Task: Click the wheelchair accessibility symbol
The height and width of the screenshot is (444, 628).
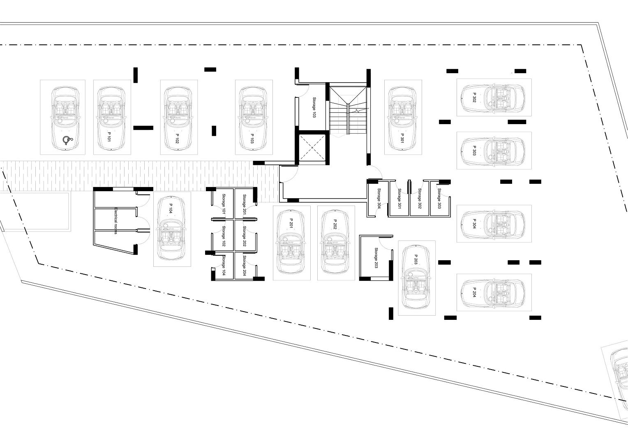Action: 67,140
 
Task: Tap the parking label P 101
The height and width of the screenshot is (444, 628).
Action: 109,137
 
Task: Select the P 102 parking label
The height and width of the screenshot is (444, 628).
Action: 177,139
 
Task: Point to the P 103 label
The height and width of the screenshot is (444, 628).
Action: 252,139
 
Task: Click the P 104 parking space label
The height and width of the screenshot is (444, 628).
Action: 171,208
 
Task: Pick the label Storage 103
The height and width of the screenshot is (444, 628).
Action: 314,107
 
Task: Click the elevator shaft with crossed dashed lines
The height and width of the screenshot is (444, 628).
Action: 312,148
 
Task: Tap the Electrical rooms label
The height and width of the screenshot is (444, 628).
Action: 115,221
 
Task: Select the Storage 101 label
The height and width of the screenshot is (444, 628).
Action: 224,204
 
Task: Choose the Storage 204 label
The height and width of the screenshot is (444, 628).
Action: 244,266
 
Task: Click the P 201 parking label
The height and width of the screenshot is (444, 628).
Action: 291,224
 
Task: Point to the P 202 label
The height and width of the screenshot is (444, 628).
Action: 335,224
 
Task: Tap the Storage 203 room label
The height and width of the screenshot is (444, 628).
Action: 376,258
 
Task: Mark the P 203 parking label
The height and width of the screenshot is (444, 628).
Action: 416,259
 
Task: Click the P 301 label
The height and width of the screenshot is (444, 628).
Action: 402,138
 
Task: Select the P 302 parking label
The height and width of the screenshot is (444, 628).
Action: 474,97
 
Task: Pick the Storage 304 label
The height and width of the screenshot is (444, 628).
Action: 379,198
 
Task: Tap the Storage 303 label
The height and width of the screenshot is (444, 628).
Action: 439,198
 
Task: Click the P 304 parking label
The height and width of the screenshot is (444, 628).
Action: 474,224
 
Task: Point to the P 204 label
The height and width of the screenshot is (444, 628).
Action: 474,292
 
